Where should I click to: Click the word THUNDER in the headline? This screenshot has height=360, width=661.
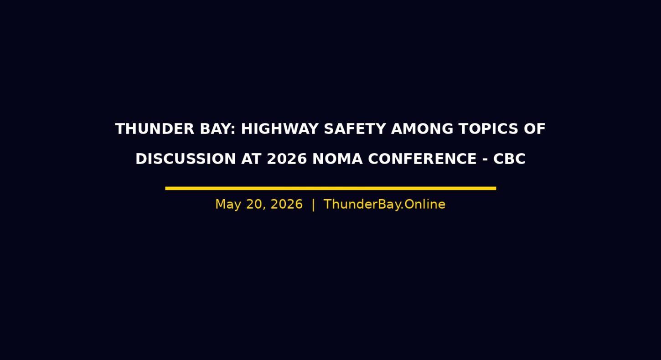tap(155, 129)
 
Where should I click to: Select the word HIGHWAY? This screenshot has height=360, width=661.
tap(280, 129)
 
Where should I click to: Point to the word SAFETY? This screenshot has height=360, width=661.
tap(355, 129)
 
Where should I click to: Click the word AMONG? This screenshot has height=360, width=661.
tap(422, 129)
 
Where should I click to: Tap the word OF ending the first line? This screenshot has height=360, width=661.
tap(535, 129)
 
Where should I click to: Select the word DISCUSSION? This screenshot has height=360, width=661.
tap(186, 159)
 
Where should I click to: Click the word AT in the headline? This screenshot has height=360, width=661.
tap(251, 159)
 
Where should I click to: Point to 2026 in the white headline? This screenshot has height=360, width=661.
tap(287, 159)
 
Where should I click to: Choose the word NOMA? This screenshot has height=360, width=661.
tap(337, 159)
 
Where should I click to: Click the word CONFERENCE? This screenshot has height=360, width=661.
tap(422, 159)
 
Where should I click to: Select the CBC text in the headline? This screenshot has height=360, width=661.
tap(509, 159)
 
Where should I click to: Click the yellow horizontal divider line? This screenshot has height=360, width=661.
tap(330, 188)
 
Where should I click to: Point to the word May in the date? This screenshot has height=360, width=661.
tap(228, 205)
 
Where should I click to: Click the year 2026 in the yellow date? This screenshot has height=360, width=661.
tap(287, 205)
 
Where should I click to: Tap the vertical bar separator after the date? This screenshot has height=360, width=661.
tap(313, 205)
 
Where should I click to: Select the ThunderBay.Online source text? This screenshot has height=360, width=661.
tap(384, 205)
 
